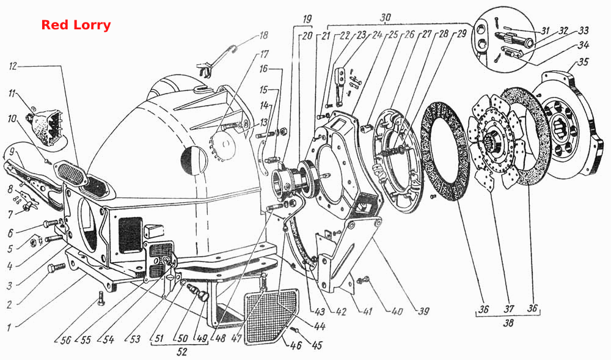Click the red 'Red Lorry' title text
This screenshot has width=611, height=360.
[76, 25]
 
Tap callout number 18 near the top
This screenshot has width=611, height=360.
[264, 35]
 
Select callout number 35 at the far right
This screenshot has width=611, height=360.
[582, 62]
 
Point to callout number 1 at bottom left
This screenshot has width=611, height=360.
[9, 326]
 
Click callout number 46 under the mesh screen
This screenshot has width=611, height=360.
[296, 345]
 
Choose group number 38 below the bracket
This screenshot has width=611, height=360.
[508, 323]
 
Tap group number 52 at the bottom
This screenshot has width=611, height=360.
[182, 352]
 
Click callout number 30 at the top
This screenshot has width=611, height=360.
[385, 18]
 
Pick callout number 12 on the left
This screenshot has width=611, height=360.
[13, 66]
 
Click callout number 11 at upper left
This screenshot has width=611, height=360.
[12, 94]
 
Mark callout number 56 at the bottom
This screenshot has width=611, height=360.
[65, 340]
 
